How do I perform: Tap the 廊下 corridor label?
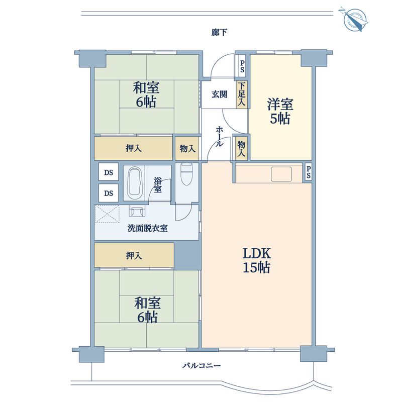[x=219, y=33]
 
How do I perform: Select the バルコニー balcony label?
[x=202, y=365]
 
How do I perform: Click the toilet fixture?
[x=186, y=174]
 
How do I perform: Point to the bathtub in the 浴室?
[x=135, y=183]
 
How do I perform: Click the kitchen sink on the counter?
[x=281, y=174]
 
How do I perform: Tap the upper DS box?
[x=109, y=172]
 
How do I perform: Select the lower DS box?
[x=109, y=193]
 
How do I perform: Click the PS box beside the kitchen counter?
[x=308, y=172]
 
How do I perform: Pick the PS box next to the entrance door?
[x=242, y=66]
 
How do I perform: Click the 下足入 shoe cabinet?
[x=242, y=94]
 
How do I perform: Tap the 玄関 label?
[x=219, y=94]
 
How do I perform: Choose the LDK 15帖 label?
[x=257, y=260]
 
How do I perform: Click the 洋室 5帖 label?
[x=280, y=111]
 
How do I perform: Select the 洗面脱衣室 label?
[x=148, y=228]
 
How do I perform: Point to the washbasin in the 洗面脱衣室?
[x=137, y=211]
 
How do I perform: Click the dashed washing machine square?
[x=107, y=214]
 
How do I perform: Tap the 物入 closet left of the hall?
[x=187, y=148]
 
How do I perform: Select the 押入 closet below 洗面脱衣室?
[x=134, y=255]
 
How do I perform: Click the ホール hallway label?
[x=219, y=136]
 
